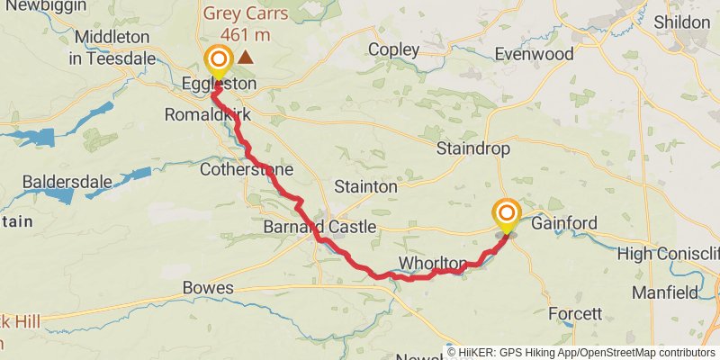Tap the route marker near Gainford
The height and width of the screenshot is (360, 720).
[x=507, y=214]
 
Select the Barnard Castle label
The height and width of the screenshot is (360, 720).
[x=312, y=228]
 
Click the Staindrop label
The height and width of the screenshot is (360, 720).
[x=472, y=148]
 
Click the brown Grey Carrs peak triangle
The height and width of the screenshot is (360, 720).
[x=245, y=56]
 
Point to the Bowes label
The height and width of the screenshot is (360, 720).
[x=208, y=288]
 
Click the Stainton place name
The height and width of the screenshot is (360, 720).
[x=364, y=187]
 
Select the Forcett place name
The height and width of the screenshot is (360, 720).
[x=575, y=314]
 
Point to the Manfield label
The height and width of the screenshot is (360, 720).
[x=664, y=292]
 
